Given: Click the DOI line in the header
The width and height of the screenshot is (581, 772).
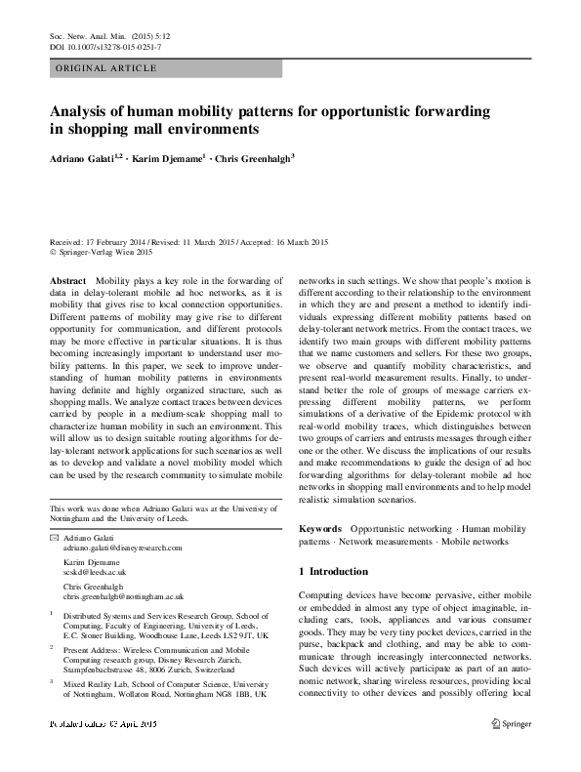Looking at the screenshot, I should point(104,47).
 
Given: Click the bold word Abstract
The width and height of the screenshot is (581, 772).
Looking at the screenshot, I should point(66,279).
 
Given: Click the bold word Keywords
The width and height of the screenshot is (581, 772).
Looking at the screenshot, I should point(321,527).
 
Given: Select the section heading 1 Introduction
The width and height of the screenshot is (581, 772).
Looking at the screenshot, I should point(333,571).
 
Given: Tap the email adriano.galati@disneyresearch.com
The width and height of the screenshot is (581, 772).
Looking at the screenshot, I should point(122,549).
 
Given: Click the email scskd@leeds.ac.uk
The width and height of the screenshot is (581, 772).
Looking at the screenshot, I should point(95,574).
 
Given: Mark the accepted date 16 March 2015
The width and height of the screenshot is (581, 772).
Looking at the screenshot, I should point(301,241).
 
